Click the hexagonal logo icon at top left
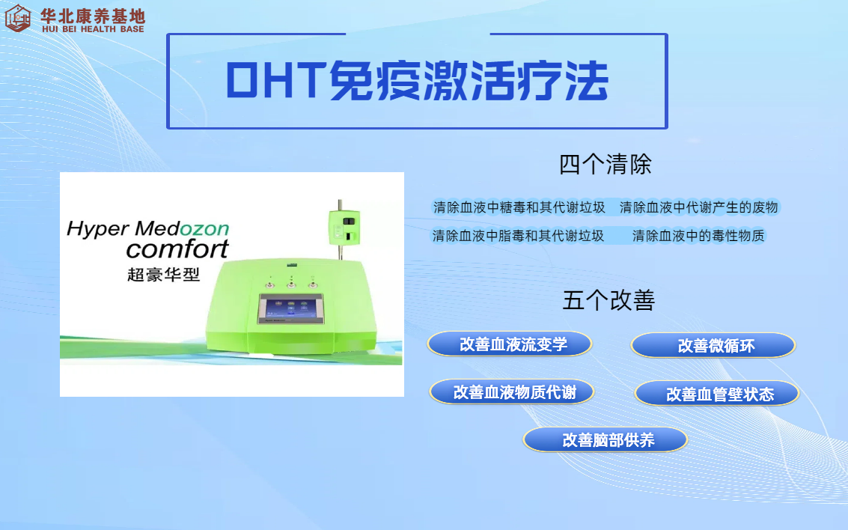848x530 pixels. pos(18,18)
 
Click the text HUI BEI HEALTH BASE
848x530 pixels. pos(93,29)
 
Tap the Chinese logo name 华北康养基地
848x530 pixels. pos(93,16)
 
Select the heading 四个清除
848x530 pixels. pos(606,164)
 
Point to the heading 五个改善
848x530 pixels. pos(608,300)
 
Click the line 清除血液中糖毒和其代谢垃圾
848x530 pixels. pos(519,207)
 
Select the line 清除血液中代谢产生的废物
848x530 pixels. pos(699,207)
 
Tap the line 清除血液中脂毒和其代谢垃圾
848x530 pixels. pos(518,236)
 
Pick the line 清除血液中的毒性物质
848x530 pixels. pos(698,236)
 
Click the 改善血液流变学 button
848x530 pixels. pos(510,344)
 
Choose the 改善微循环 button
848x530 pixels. pos(713,346)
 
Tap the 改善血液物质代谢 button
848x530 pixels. pos(512,392)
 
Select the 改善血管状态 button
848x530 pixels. pos(717,394)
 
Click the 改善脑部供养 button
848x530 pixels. pos(606,439)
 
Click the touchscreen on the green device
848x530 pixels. pos(291,309)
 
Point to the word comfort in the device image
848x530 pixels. pos(177,249)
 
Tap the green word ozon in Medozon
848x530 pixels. pos(204,229)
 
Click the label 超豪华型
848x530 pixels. pos(163,275)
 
